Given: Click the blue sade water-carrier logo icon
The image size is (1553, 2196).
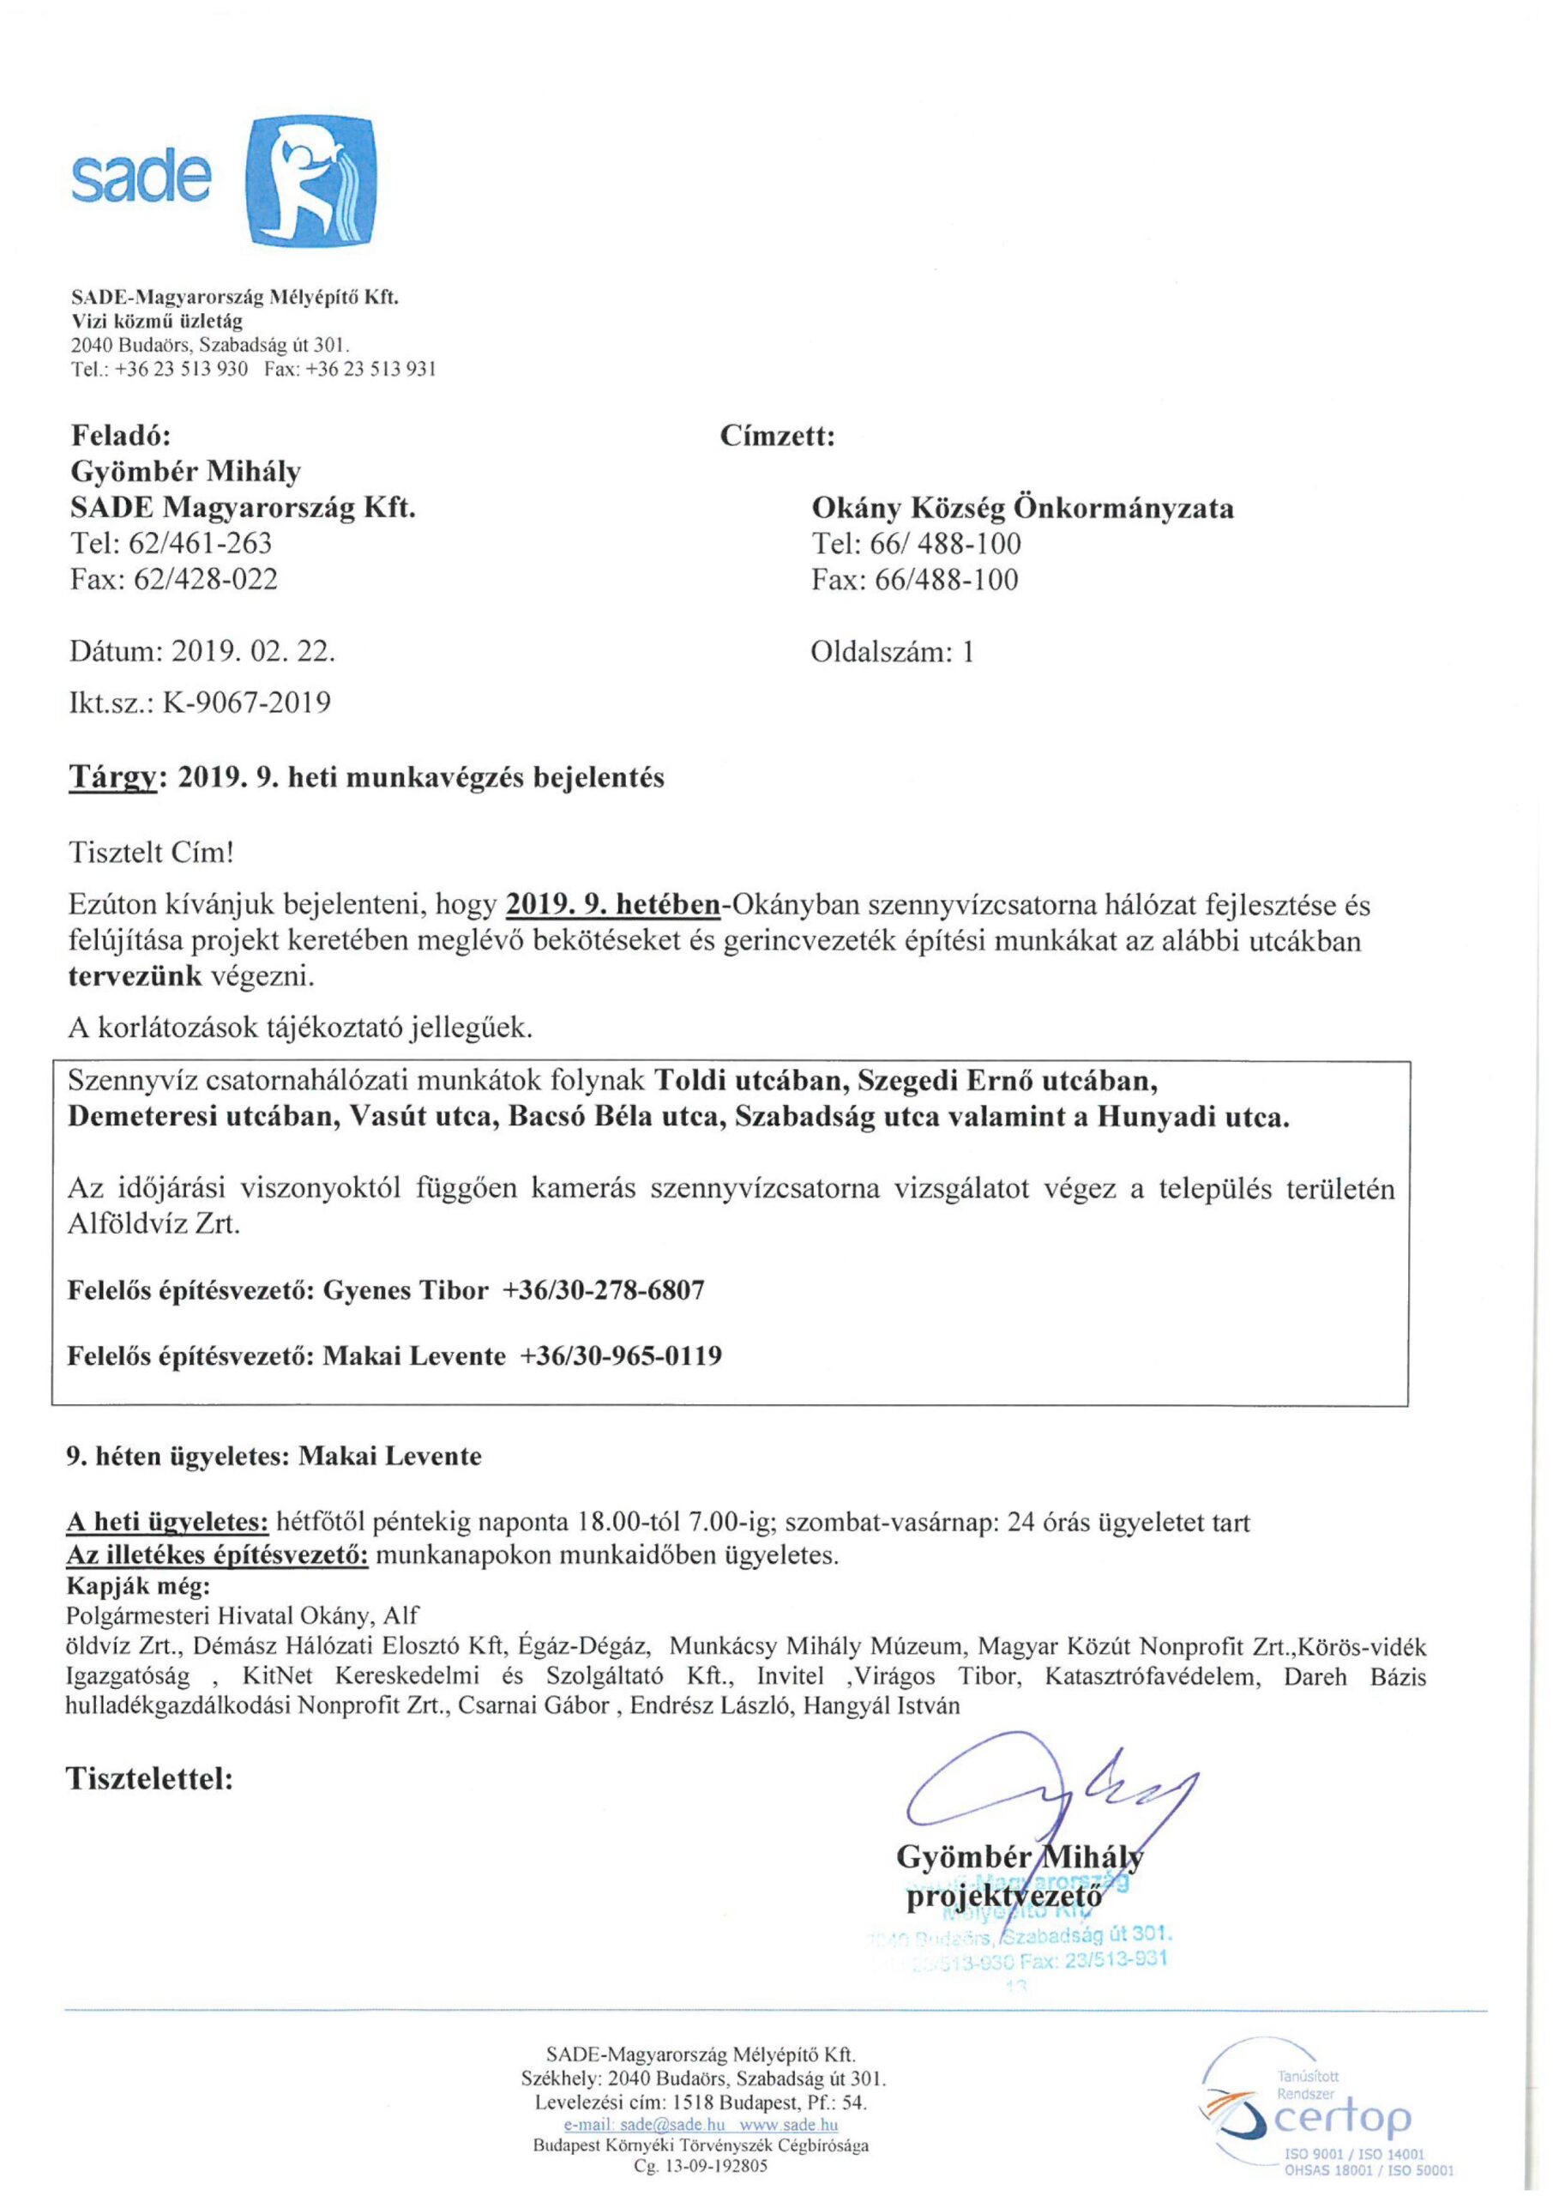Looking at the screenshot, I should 310,181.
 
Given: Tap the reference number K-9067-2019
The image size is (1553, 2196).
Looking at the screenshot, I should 247,703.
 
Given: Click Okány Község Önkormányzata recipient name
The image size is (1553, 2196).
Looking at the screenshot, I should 1021,508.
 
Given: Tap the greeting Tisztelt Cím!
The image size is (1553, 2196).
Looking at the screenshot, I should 151,852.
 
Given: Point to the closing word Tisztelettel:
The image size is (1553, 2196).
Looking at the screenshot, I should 149,1779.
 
